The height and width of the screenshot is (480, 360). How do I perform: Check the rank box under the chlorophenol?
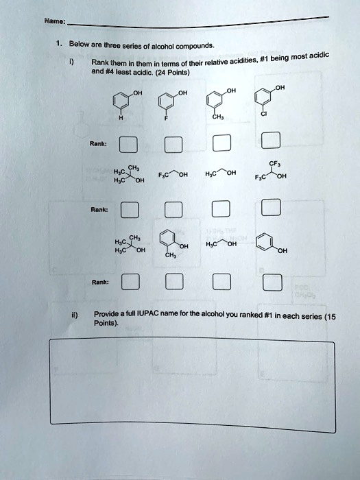(x=271, y=142)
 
